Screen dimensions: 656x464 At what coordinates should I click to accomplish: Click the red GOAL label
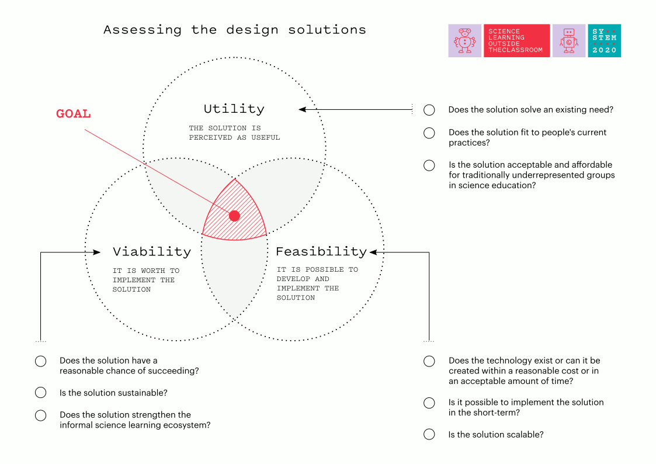point(73,114)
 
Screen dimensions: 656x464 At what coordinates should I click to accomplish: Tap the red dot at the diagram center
point(234,216)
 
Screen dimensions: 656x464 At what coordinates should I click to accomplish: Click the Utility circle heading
point(234,109)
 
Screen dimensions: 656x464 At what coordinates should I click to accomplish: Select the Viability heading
point(152,251)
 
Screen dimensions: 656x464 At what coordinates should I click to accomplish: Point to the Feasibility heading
point(321,251)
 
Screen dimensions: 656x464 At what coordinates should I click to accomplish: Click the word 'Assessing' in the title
point(143,30)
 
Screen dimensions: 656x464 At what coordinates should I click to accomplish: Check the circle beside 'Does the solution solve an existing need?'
point(429,110)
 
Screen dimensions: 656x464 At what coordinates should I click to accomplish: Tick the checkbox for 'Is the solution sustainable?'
point(40,393)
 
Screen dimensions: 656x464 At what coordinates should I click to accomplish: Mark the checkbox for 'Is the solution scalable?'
point(429,434)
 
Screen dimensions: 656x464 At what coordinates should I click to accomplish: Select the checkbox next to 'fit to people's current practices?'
point(429,133)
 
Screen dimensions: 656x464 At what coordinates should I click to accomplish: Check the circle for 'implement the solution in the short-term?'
point(429,403)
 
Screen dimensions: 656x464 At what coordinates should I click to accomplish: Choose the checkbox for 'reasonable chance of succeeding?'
point(40,361)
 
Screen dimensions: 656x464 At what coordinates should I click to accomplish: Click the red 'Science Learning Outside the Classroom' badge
point(517,40)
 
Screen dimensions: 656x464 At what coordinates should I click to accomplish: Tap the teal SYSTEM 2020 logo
point(604,40)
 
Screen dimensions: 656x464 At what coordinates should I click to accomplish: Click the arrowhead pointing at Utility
point(302,110)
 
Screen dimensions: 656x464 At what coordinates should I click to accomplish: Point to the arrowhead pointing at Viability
point(96,252)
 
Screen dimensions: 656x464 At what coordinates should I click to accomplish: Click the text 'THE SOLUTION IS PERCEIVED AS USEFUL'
point(234,133)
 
